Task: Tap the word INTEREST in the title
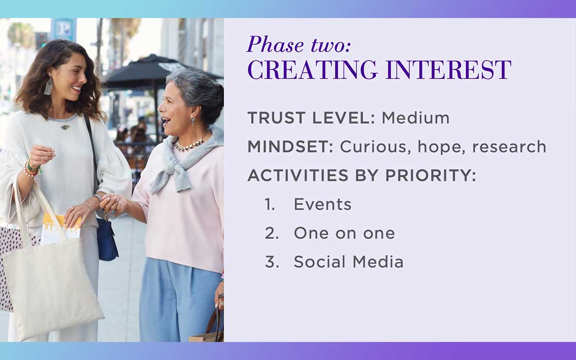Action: click(x=448, y=69)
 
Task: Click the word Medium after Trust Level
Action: click(x=416, y=118)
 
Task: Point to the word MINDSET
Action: click(x=290, y=147)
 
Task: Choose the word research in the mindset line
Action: click(x=509, y=147)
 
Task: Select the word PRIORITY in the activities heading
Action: click(x=430, y=175)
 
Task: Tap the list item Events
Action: click(x=322, y=204)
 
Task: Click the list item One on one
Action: click(x=344, y=233)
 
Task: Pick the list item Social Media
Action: click(x=349, y=262)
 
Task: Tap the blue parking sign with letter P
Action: click(x=64, y=29)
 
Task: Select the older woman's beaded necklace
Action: click(x=189, y=144)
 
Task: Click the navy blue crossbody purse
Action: click(x=106, y=239)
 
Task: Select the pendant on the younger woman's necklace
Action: click(x=65, y=127)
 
